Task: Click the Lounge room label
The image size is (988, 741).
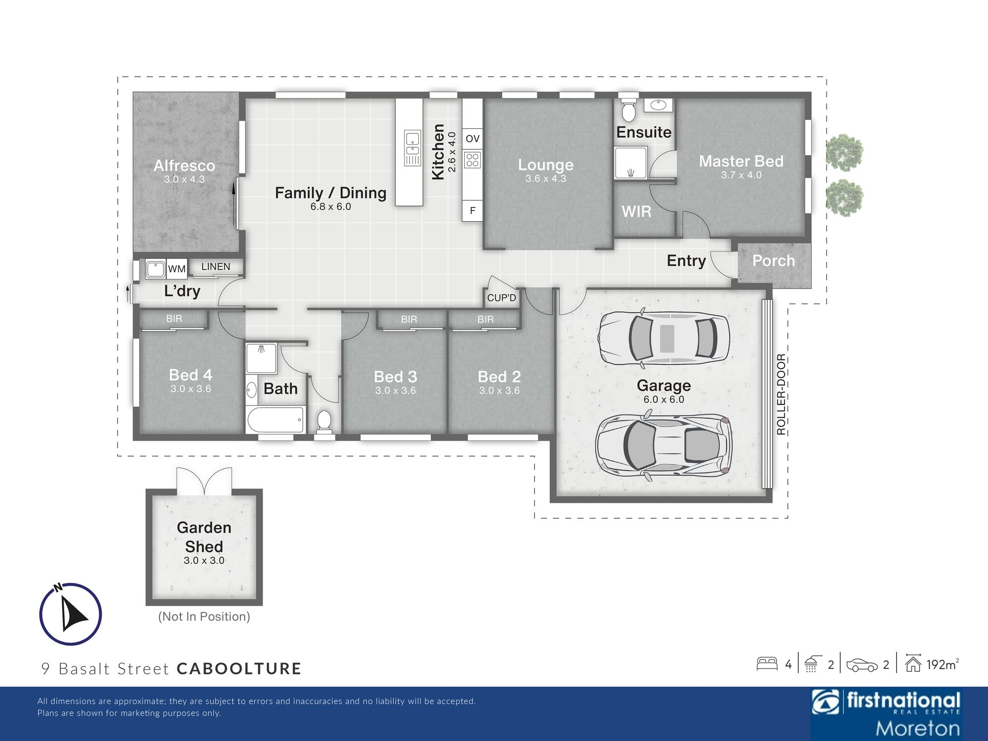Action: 545,165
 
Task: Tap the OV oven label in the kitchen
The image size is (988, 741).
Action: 472,139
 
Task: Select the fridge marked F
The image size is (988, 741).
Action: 472,211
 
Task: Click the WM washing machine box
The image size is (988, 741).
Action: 176,269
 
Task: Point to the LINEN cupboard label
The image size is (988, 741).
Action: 215,267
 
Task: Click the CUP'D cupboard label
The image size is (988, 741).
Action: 501,298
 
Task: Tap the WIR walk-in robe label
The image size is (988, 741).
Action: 636,211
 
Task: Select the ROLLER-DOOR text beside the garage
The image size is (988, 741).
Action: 781,394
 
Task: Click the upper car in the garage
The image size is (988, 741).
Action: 663,339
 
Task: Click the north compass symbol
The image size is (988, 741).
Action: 71,614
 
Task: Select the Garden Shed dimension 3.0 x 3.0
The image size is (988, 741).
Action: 204,560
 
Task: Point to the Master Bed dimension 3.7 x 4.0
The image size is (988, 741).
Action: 741,175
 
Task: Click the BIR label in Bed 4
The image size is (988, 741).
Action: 174,319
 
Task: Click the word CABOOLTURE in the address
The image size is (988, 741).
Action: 239,668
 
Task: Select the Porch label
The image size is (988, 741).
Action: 774,261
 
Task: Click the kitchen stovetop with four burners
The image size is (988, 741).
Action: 472,160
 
